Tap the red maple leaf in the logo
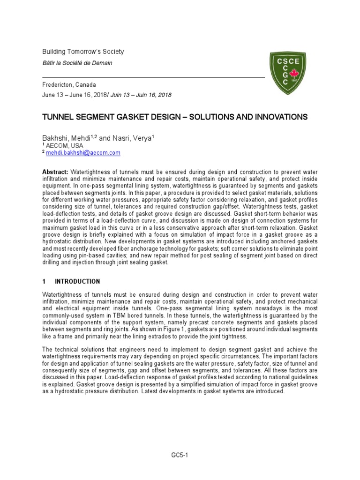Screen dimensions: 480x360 (295, 74)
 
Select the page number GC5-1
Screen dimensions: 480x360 (180, 455)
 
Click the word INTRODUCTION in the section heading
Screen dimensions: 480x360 (77, 282)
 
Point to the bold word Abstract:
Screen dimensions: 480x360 (55, 172)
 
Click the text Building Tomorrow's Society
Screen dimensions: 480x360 (83, 52)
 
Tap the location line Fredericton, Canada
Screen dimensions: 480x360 (69, 85)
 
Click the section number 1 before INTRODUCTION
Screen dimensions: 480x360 (44, 282)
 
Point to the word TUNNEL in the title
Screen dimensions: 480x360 (58, 117)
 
